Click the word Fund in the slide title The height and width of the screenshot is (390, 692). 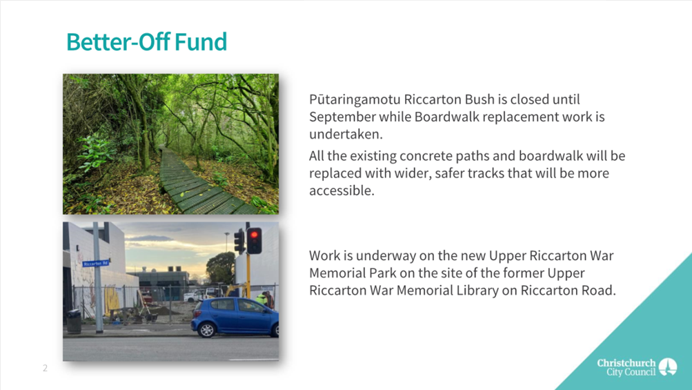(201, 42)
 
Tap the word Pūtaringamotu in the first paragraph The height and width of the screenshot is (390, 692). (355, 100)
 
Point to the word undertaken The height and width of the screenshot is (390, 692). (346, 135)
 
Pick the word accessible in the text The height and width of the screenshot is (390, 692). (341, 191)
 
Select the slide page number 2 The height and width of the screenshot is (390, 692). (45, 368)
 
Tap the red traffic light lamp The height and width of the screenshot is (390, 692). (254, 235)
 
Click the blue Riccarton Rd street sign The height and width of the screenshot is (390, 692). (96, 263)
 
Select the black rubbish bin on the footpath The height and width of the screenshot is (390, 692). (74, 322)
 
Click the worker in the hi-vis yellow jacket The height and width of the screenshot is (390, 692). (261, 300)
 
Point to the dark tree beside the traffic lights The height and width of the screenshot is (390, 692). (221, 268)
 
